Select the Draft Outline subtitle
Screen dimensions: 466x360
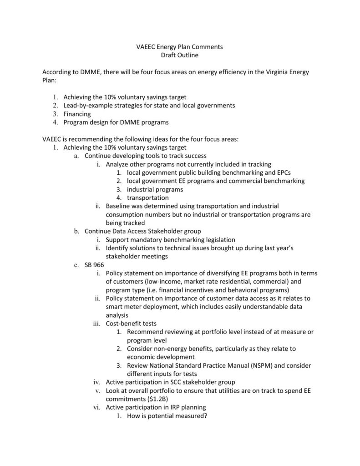point(180,55)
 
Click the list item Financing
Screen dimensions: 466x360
point(77,114)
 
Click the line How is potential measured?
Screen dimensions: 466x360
point(167,415)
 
